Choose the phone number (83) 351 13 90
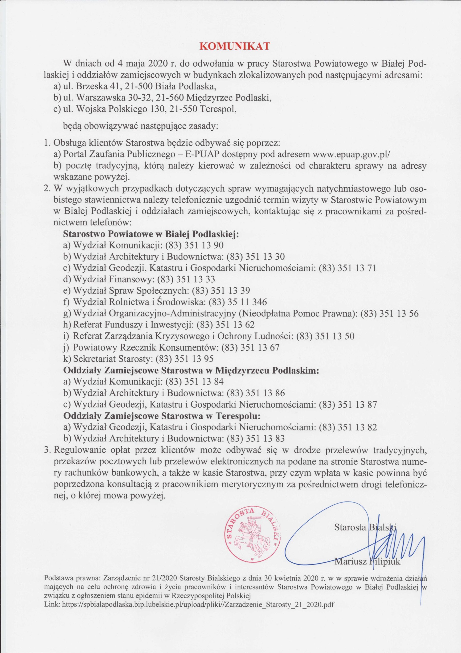pyautogui.click(x=194, y=245)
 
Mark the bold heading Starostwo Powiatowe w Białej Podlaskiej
pyautogui.click(x=151, y=234)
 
